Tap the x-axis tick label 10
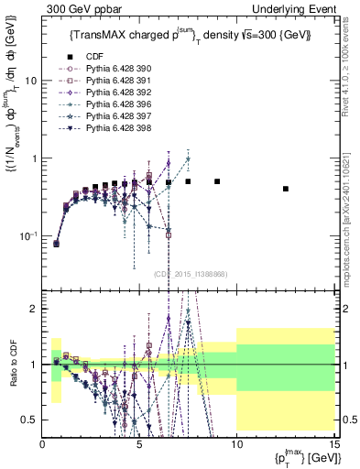tap(236, 444)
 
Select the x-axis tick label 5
tap(139, 444)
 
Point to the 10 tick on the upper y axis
tap(30, 81)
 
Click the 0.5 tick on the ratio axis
tap(28, 420)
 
